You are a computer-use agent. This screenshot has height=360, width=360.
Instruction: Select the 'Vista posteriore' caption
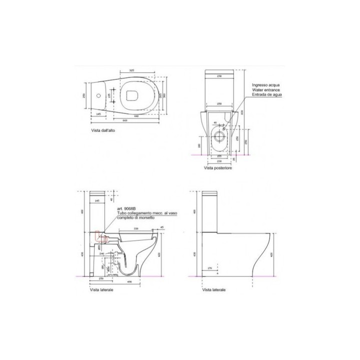click(x=218, y=168)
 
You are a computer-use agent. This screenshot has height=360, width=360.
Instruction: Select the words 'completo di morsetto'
click(x=135, y=217)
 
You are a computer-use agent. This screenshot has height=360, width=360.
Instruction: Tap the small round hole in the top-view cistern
click(x=98, y=94)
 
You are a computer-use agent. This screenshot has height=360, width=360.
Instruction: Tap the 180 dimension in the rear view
click(x=199, y=145)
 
